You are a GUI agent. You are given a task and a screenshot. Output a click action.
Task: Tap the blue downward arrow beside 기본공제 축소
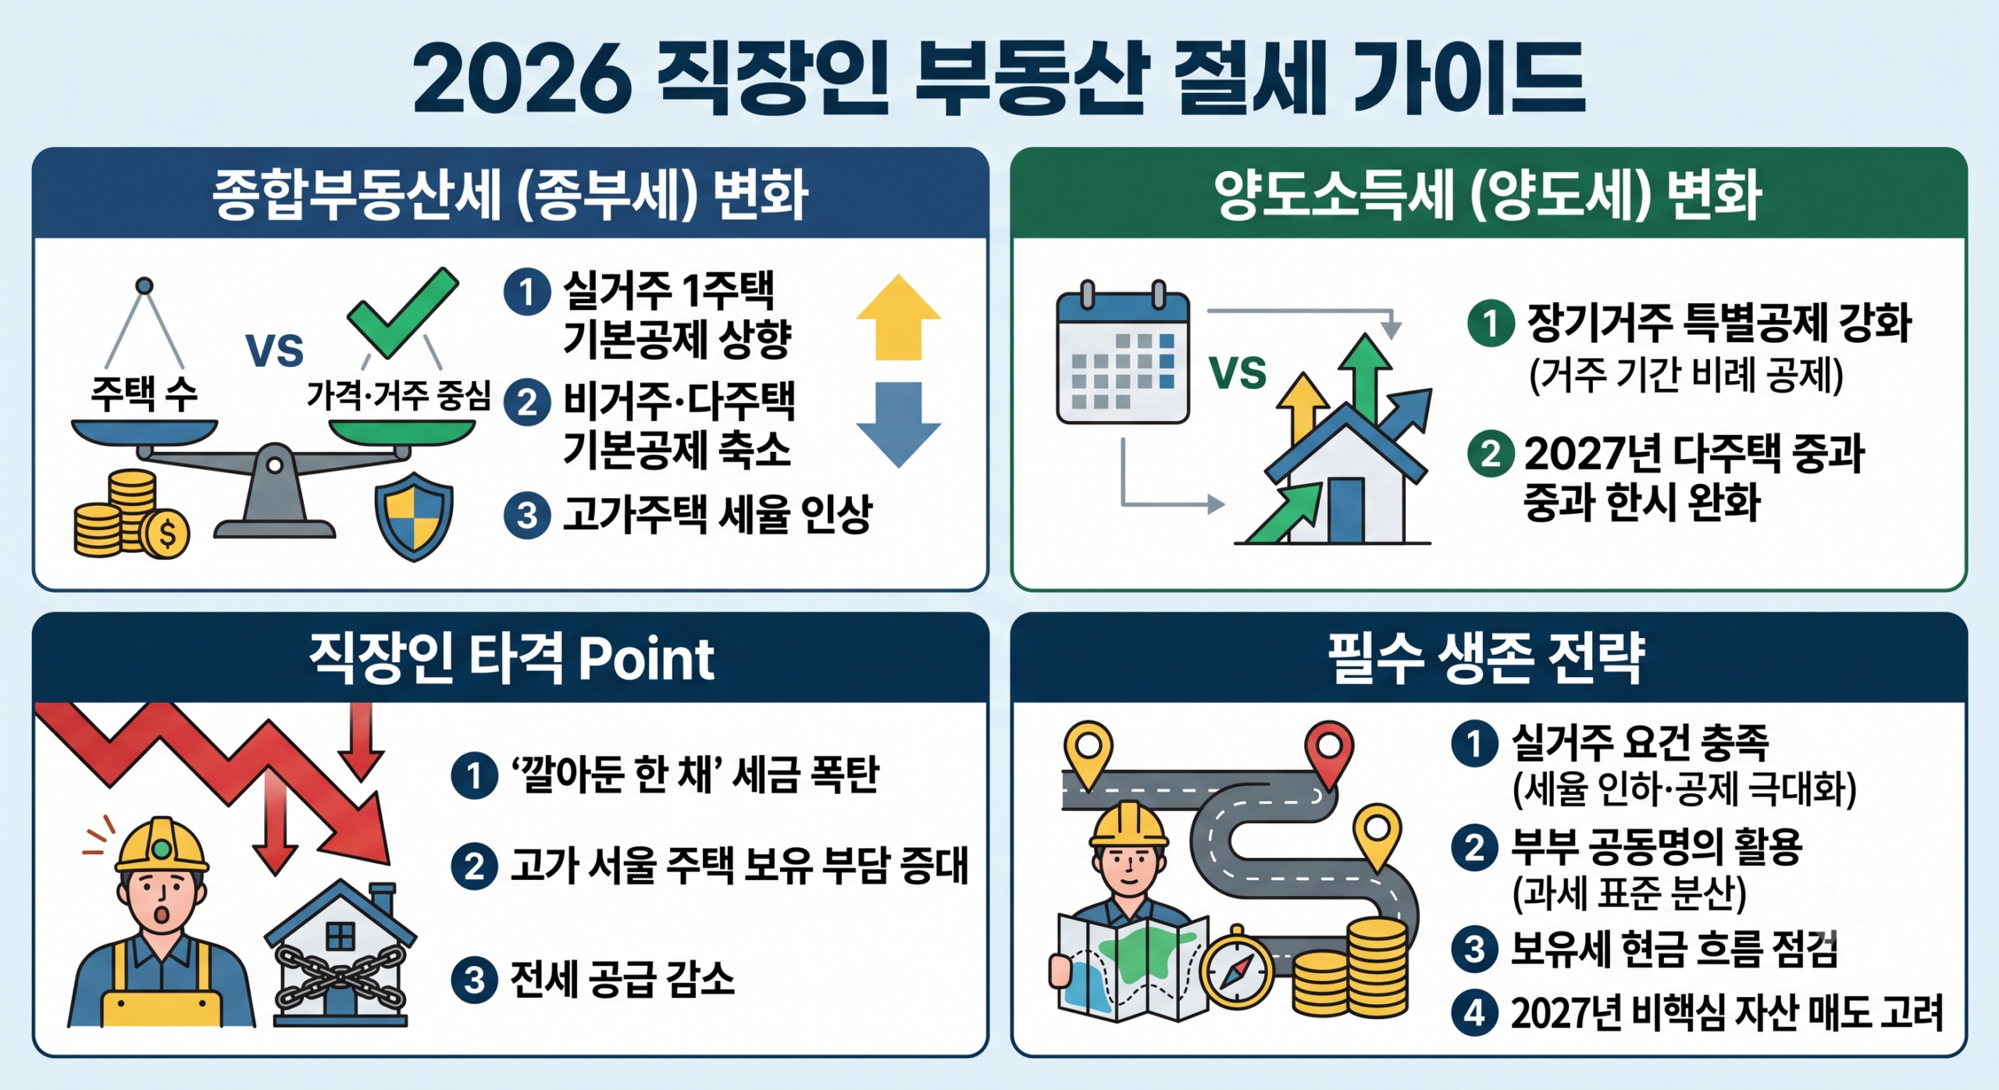[898, 425]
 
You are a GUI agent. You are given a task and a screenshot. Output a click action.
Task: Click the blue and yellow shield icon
[414, 516]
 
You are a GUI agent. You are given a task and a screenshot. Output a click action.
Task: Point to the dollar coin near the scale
[166, 534]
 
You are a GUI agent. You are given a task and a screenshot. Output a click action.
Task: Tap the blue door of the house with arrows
[1345, 510]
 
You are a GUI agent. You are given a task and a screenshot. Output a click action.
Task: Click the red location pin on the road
[1329, 753]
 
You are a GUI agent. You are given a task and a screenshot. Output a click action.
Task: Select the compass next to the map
[1237, 967]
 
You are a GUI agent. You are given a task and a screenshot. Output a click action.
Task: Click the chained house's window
[340, 935]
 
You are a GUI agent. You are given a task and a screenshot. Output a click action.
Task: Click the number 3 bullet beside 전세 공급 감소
[474, 980]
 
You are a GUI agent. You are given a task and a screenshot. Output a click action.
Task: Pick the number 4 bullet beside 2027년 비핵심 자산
[1474, 1013]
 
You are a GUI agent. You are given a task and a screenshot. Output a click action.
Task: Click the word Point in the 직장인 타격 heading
[646, 659]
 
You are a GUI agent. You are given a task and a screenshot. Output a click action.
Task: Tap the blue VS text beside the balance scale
[274, 351]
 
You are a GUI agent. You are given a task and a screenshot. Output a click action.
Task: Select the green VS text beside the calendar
[1238, 372]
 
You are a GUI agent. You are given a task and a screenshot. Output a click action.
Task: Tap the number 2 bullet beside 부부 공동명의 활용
[1474, 847]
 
